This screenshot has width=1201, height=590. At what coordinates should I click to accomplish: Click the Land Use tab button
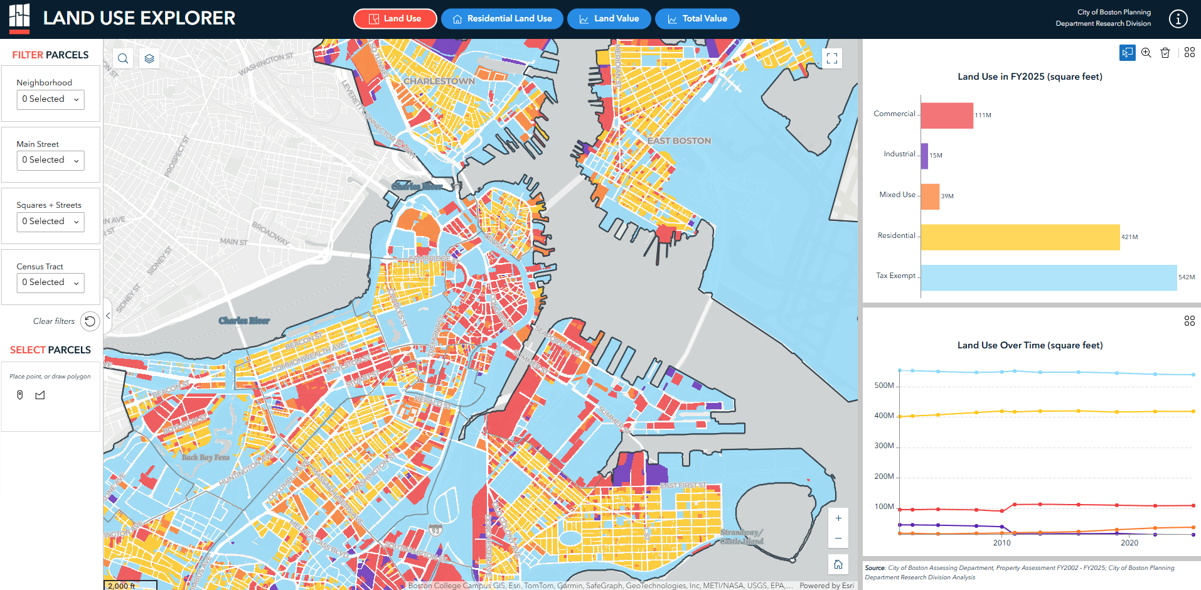pos(395,19)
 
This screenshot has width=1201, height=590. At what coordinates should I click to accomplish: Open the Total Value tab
pos(697,19)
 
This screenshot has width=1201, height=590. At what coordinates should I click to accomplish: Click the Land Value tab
pos(609,19)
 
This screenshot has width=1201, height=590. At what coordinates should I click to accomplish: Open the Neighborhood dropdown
pos(50,99)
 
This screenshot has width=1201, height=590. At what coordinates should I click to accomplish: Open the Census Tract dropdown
pos(50,282)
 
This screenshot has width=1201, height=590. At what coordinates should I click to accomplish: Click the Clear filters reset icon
pos(90,321)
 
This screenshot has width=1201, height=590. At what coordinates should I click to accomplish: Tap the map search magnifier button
pos(123,58)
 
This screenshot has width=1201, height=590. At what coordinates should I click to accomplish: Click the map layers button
pos(149,58)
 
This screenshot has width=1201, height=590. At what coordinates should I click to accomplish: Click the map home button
pos(838,564)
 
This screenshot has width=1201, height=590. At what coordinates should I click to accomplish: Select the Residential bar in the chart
pos(1020,237)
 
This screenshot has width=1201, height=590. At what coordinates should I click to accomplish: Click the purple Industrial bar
pos(924,156)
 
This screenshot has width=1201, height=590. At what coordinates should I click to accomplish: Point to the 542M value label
pos(1186,277)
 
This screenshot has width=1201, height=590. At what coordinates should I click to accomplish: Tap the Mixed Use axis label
pos(897,195)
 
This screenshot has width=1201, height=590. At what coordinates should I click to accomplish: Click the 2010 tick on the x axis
pos(1001,543)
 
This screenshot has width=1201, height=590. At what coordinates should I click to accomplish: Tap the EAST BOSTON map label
pos(679,141)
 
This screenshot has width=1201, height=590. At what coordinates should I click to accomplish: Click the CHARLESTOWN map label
pos(439,82)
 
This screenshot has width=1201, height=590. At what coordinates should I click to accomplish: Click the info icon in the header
pos(1178,19)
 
